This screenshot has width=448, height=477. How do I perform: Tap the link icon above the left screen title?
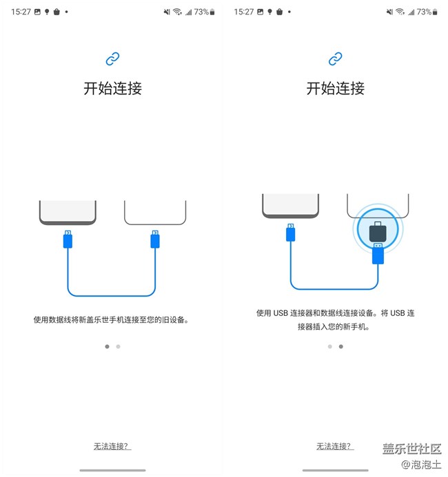112,59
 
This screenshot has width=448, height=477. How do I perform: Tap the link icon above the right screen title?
336,59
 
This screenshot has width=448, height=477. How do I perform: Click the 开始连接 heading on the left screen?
112,88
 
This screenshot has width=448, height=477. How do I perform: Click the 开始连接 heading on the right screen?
336,88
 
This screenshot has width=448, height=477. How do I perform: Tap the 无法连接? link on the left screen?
112,446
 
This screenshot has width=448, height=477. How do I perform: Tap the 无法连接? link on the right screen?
335,446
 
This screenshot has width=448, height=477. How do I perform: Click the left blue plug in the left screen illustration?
68,238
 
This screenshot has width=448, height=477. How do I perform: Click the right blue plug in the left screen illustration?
155,238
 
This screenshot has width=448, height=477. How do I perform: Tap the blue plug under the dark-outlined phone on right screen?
290,232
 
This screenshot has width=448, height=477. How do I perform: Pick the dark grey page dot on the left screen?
107,347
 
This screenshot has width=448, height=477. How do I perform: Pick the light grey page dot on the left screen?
119,347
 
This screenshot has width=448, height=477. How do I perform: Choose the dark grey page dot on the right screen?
341,347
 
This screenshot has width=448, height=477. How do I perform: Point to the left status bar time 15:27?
21,12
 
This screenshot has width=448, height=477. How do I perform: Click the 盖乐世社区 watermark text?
411,449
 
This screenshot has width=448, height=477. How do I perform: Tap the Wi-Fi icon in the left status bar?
177,12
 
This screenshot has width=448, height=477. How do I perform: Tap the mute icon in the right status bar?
389,12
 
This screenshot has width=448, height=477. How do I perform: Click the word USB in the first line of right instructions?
280,313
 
